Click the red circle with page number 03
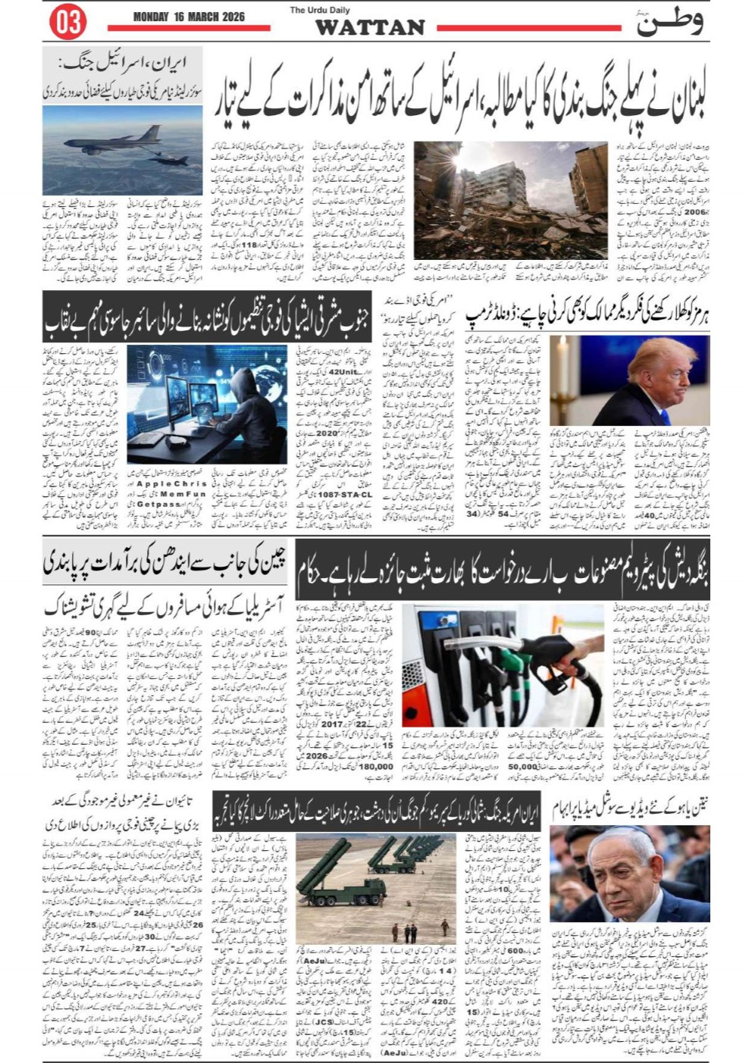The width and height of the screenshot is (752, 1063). (x=67, y=23)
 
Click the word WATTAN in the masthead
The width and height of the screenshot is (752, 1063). (x=369, y=28)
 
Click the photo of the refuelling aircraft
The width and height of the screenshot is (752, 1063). (x=123, y=149)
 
